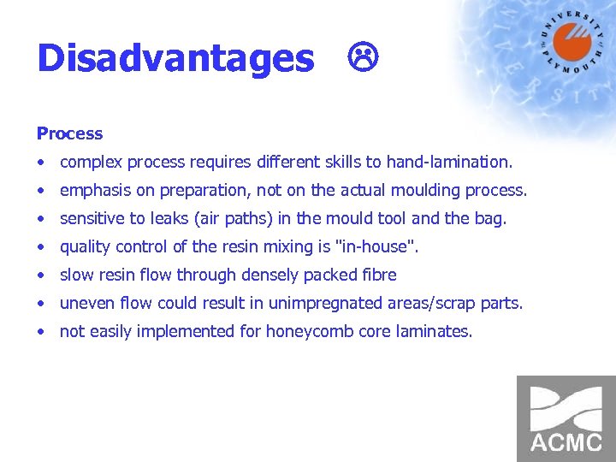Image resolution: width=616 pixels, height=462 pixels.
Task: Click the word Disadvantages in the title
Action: point(175,59)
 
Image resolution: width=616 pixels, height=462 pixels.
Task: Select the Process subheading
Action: point(69,133)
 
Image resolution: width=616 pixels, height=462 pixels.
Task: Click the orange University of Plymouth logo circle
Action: point(572,42)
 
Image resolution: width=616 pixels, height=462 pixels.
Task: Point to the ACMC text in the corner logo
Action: point(566,441)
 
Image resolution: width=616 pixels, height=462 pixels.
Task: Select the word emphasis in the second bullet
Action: point(93,190)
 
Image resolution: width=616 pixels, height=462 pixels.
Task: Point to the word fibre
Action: point(377,275)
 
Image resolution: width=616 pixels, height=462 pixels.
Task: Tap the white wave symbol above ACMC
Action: point(566,407)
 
